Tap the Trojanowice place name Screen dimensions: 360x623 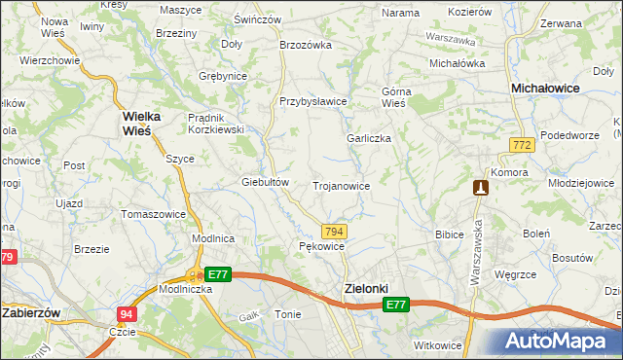click(340, 185)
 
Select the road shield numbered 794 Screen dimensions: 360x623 click(334, 231)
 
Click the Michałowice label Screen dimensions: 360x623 click(546, 88)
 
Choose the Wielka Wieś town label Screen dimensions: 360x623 click(142, 123)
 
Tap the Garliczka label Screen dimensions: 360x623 click(369, 138)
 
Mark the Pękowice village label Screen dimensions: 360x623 click(321, 247)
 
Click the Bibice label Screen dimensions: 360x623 click(449, 234)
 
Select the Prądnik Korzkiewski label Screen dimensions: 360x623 click(214, 124)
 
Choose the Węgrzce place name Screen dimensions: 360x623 click(516, 275)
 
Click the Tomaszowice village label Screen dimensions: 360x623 click(153, 213)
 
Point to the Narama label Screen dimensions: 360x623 click(400, 13)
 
